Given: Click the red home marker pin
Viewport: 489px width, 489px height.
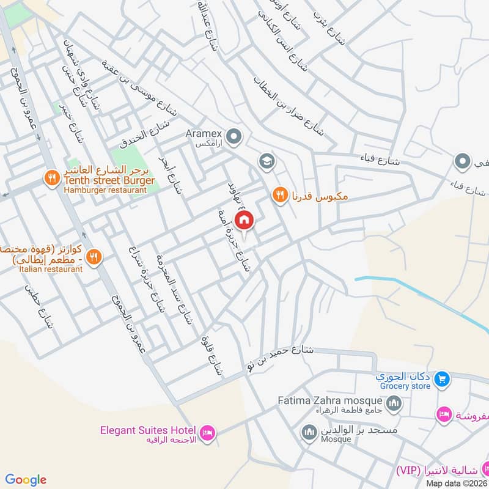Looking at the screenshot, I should [x=244, y=220].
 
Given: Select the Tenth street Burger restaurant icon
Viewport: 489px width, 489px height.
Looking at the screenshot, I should [x=51, y=178].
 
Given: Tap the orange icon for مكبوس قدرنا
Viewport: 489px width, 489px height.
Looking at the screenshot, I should [x=279, y=195].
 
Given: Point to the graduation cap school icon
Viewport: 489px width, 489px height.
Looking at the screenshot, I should [x=267, y=161].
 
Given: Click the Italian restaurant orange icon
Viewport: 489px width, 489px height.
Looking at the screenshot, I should [x=93, y=257].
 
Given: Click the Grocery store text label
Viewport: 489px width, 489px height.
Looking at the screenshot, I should [x=403, y=386].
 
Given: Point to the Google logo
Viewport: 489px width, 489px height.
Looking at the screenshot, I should [x=26, y=479].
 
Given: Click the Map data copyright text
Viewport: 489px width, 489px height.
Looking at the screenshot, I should [x=456, y=483].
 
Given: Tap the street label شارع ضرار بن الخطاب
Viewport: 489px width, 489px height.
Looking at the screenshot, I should [x=289, y=105].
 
